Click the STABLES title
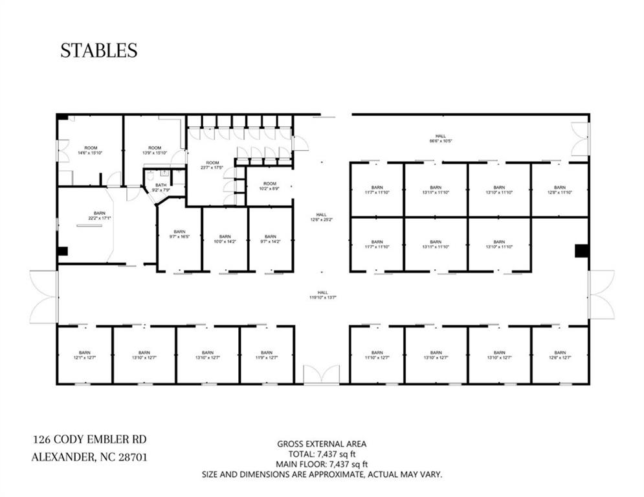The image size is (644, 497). (x=98, y=50)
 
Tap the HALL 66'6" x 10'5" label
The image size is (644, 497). (x=440, y=138)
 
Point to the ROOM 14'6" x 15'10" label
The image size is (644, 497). (x=91, y=150)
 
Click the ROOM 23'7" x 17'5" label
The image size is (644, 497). (x=212, y=165)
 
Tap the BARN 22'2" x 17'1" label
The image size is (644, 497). (x=100, y=215)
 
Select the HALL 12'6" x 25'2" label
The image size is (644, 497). (x=322, y=217)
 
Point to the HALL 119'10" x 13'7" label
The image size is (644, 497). (x=322, y=295)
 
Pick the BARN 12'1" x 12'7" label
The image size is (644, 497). (x=85, y=355)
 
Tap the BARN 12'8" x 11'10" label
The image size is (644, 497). (x=560, y=190)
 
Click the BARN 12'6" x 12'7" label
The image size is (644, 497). (x=560, y=355)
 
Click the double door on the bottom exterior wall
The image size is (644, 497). (x=322, y=376)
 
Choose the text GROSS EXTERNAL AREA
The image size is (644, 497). (x=322, y=444)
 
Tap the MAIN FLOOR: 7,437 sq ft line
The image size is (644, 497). (x=322, y=464)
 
